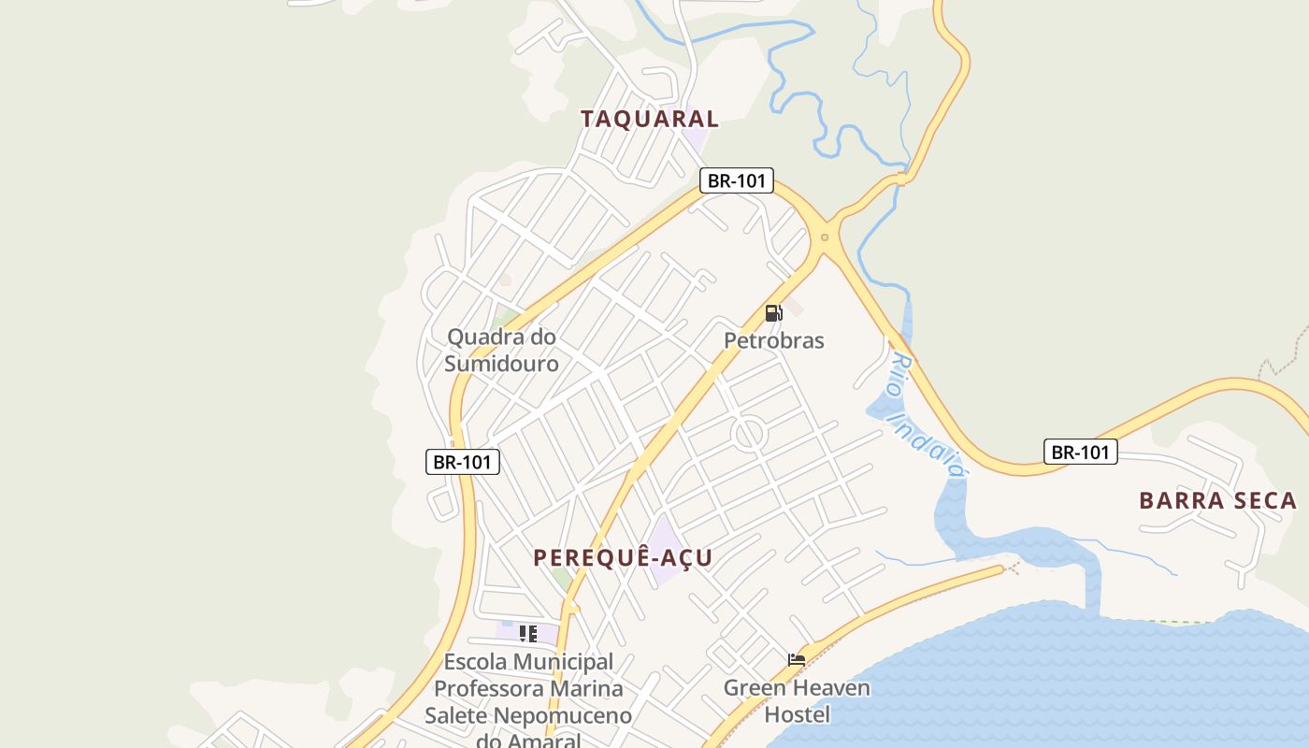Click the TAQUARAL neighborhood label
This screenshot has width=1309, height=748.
click(650, 119)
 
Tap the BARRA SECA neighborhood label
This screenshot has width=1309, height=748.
click(1217, 500)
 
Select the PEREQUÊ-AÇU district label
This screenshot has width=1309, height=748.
click(623, 557)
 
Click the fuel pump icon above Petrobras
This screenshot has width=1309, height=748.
click(773, 313)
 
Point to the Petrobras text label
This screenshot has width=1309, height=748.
click(774, 340)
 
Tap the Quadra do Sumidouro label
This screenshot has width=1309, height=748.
click(501, 350)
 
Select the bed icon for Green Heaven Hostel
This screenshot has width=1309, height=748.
click(797, 660)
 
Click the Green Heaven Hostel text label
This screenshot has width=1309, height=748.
click(797, 701)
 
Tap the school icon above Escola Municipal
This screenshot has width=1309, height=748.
click(528, 634)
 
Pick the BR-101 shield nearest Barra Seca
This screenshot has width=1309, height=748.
click(1080, 453)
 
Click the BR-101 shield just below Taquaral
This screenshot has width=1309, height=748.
click(737, 180)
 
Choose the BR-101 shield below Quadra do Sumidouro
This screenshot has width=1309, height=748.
click(463, 461)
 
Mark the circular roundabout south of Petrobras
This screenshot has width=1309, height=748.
click(749, 435)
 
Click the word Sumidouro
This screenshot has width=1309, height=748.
click(501, 364)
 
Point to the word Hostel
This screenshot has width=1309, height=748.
click(797, 715)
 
